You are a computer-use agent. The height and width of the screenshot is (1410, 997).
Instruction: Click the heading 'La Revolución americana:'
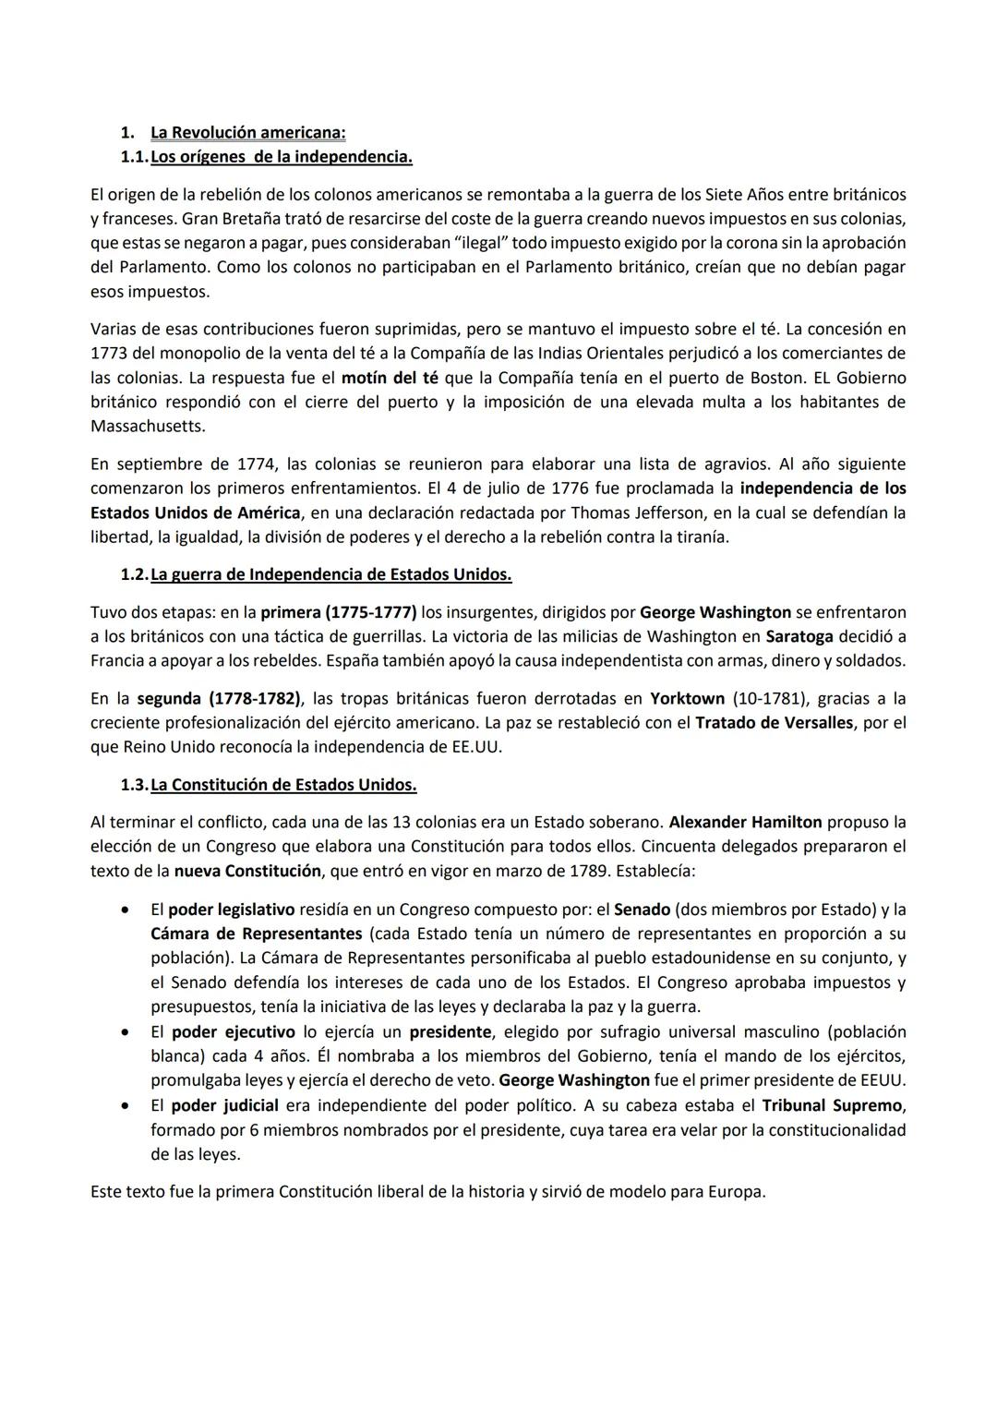pos(247,133)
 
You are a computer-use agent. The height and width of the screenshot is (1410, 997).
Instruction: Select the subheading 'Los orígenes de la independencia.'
pos(281,157)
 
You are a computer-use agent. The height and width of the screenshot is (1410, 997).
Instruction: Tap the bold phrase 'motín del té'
pos(390,378)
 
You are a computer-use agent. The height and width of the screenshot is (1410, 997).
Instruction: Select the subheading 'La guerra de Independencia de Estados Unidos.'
pos(330,574)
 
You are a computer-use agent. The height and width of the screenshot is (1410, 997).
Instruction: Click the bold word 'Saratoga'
pos(799,636)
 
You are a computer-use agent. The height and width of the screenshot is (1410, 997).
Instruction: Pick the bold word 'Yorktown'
pos(687,699)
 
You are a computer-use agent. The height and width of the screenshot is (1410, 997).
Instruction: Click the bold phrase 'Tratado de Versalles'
pos(774,723)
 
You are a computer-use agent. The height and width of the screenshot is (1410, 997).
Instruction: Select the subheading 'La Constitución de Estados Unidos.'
pos(282,785)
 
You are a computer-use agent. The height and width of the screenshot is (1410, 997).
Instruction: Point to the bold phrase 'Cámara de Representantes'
pos(257,934)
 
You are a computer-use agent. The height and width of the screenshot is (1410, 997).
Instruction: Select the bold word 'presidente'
pos(451,1031)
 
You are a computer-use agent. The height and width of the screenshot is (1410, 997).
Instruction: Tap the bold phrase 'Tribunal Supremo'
pos(833,1105)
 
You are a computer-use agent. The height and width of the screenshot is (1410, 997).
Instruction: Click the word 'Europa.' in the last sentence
pos(737,1192)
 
